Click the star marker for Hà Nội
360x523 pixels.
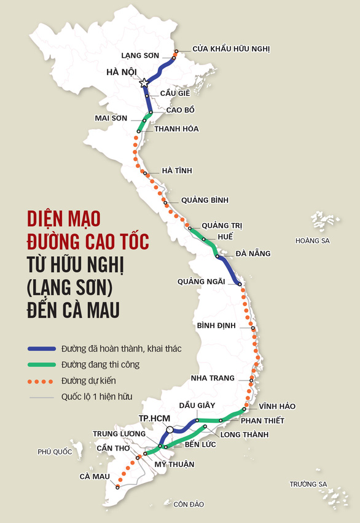pyautogui.click(x=144, y=82)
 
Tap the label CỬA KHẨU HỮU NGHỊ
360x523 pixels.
pyautogui.click(x=230, y=49)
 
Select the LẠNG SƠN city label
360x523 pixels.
pyautogui.click(x=140, y=55)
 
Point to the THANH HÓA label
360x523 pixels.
pyautogui.click(x=176, y=129)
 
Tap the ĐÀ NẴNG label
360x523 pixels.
pyautogui.click(x=252, y=253)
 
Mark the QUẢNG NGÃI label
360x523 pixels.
pyautogui.click(x=200, y=281)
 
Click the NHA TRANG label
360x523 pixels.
pyautogui.click(x=213, y=377)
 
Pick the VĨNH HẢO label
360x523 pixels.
pyautogui.click(x=277, y=407)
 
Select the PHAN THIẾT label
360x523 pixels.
pyautogui.click(x=262, y=421)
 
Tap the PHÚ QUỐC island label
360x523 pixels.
pyautogui.click(x=55, y=452)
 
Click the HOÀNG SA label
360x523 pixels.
pyautogui.click(x=312, y=240)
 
